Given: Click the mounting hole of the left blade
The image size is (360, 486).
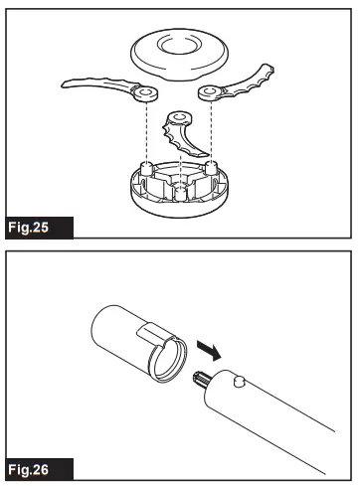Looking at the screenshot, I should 146,94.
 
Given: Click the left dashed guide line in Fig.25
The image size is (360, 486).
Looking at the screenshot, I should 146,129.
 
